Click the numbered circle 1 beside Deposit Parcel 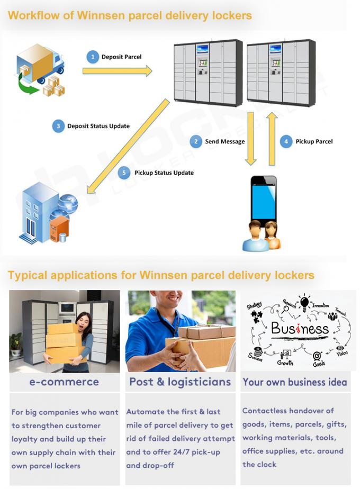[x=93, y=57]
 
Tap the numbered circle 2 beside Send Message [x=196, y=141]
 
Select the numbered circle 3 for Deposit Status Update [x=58, y=126]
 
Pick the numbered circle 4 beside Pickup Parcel [x=286, y=141]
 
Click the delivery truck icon [x=40, y=68]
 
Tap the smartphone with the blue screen [x=263, y=199]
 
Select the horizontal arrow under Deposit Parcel [x=117, y=71]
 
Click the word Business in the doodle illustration [x=300, y=329]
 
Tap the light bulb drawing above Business [x=305, y=303]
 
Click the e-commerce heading [x=64, y=382]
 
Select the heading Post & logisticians [x=180, y=382]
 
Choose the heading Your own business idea [x=295, y=382]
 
